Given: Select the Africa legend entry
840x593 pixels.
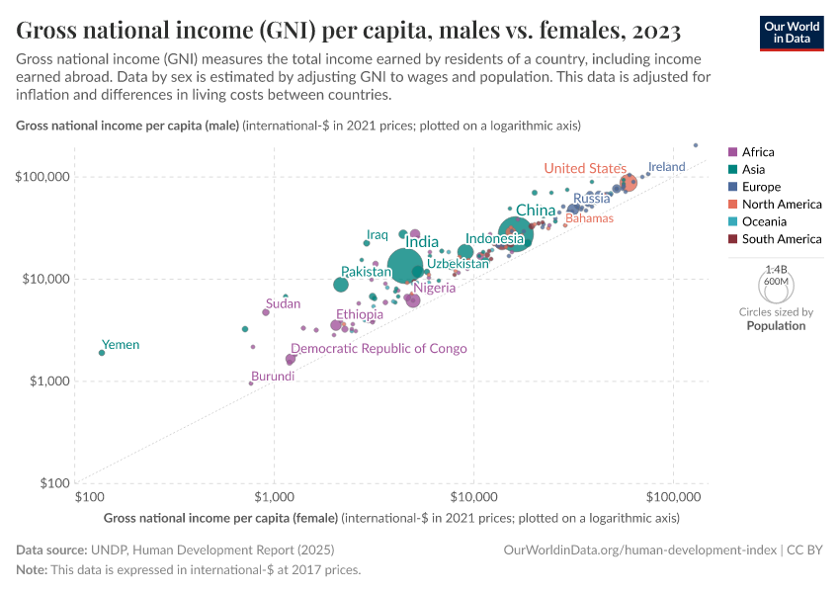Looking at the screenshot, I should [x=758, y=152].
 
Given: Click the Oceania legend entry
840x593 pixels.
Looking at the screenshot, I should [x=762, y=221].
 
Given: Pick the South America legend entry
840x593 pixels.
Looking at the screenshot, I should [x=781, y=239].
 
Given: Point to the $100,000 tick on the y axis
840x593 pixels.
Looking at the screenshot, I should [x=42, y=177].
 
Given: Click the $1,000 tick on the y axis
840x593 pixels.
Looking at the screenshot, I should [x=47, y=381].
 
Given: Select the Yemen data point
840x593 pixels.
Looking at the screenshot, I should [x=102, y=353].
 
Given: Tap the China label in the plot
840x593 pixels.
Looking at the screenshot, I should [x=536, y=211].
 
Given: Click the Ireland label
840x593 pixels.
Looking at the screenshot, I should [x=666, y=167].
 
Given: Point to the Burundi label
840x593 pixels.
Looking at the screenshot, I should [x=272, y=377].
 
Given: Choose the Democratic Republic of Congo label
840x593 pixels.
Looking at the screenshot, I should [x=378, y=349].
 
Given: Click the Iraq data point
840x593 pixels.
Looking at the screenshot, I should [x=367, y=242].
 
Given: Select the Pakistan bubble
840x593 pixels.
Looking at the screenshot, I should [x=341, y=285].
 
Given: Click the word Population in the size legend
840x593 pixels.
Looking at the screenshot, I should [x=776, y=325].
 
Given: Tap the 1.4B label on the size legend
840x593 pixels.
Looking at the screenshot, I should [x=776, y=269].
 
